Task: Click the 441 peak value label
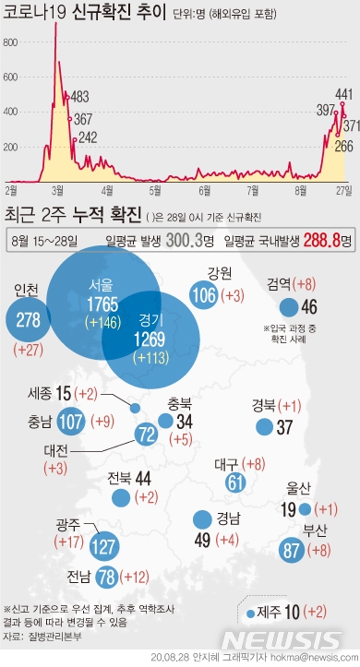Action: (344, 93)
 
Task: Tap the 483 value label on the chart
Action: (79, 97)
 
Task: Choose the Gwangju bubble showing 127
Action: (104, 547)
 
